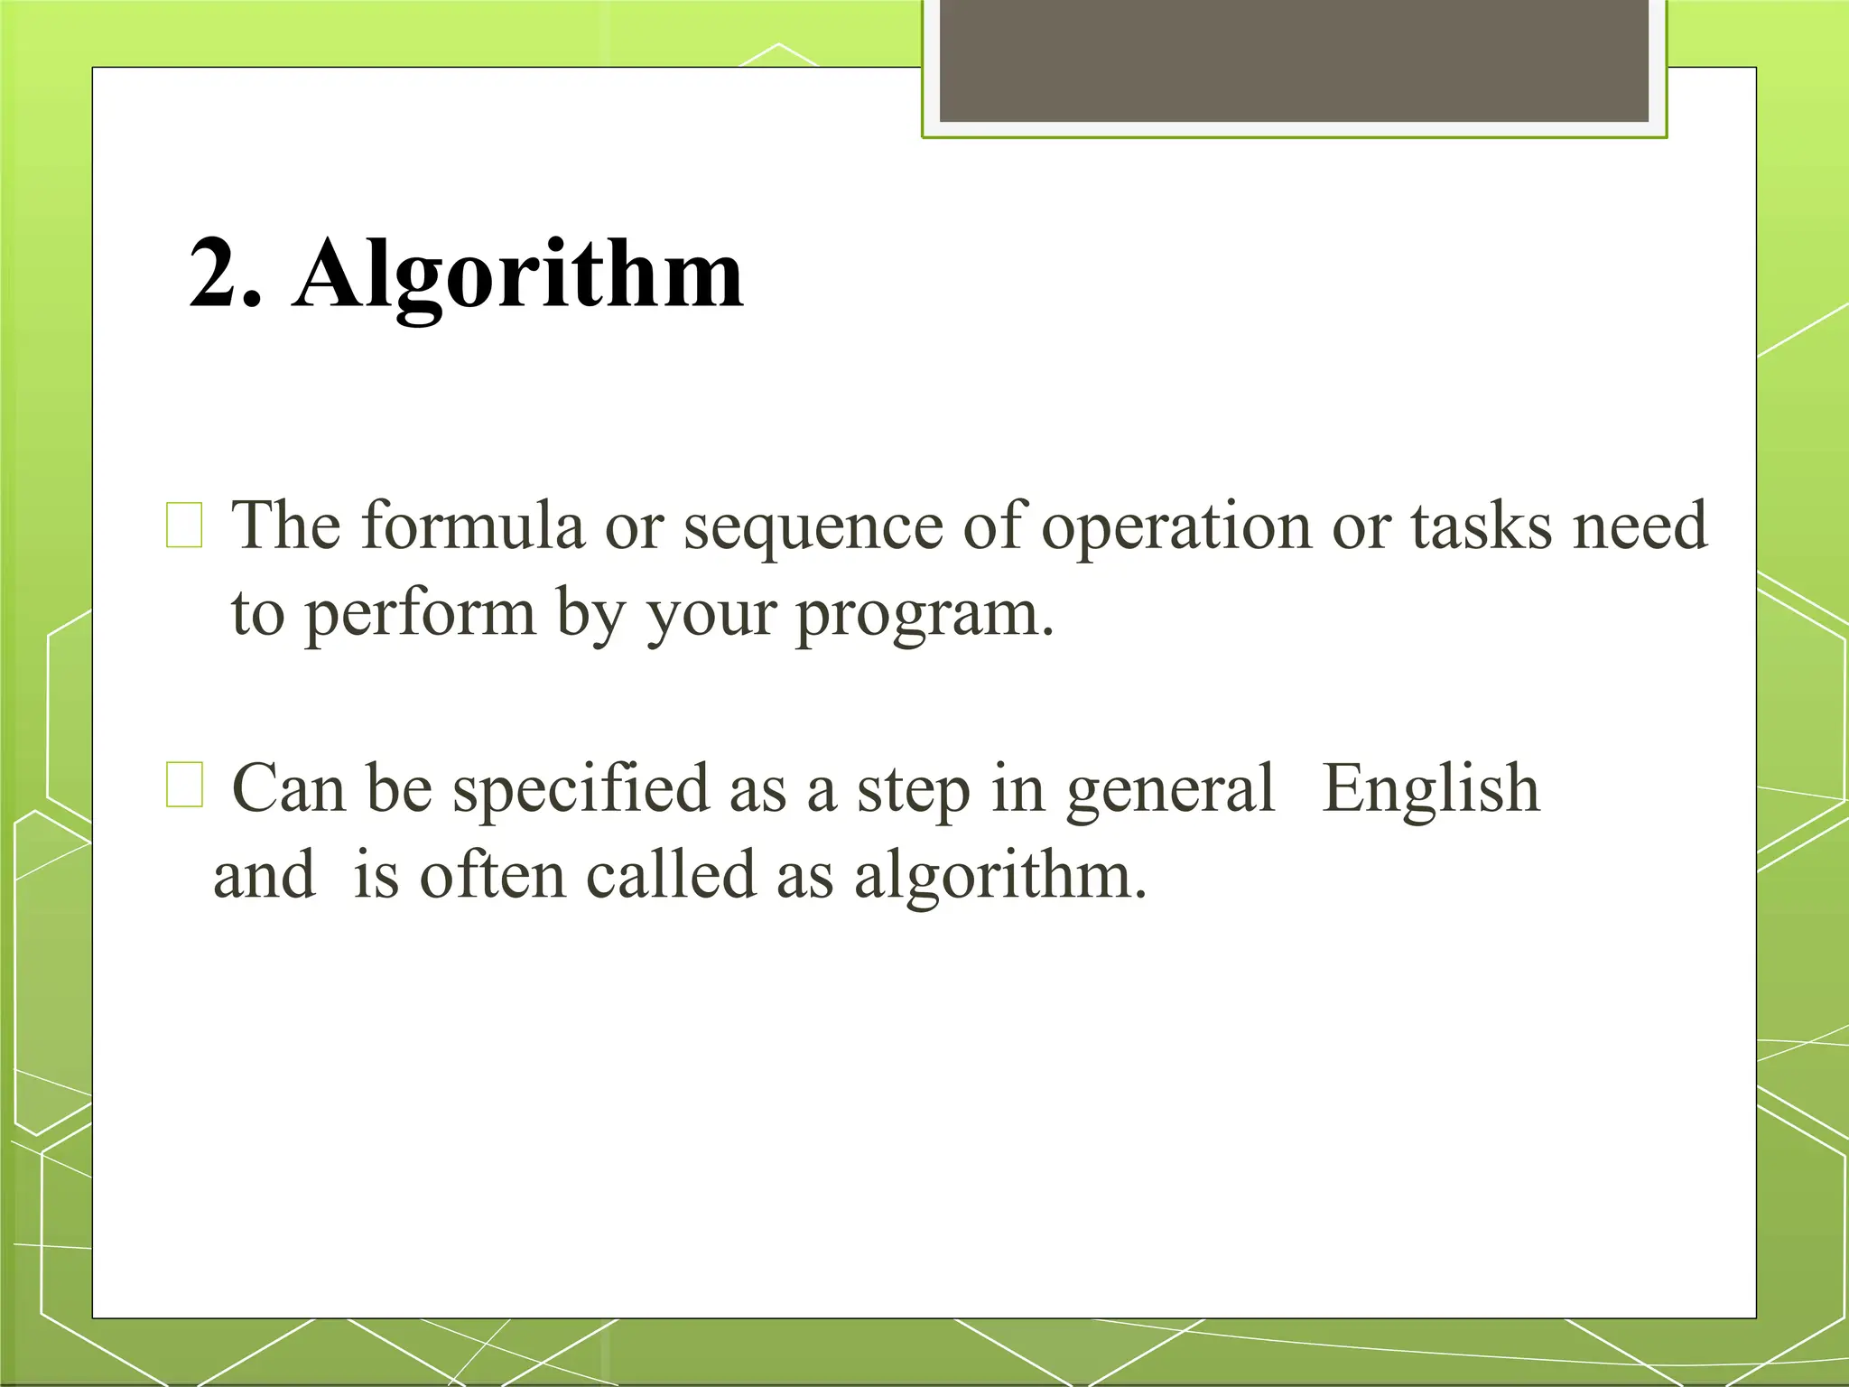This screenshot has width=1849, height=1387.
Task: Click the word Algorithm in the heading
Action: click(518, 276)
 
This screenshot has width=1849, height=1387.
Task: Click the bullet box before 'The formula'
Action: click(184, 526)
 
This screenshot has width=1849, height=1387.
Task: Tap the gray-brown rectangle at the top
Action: click(1294, 61)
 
